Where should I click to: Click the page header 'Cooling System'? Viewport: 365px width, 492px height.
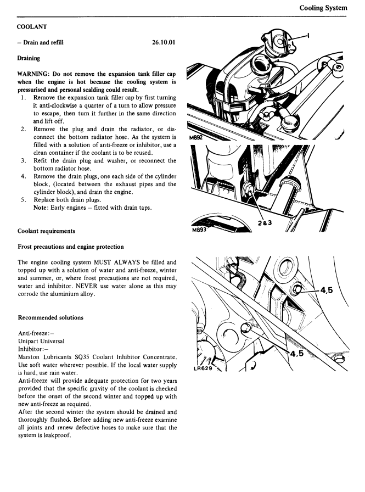(x=323, y=8)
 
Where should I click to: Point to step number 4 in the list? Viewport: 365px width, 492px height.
(x=24, y=176)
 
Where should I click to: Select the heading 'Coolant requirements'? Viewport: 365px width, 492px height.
(x=47, y=231)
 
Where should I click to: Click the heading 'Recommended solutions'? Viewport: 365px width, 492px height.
(x=50, y=317)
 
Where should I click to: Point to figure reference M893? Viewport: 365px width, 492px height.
(x=198, y=231)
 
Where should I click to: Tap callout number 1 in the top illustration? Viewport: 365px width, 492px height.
(x=308, y=36)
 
